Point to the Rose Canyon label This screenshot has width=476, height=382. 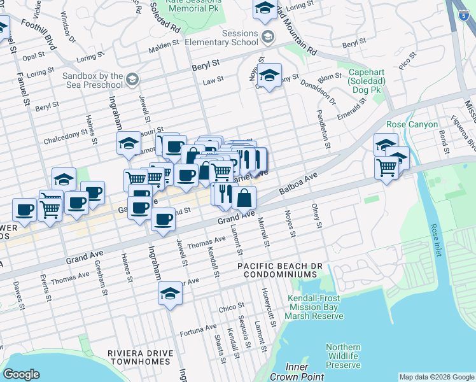tap(412, 124)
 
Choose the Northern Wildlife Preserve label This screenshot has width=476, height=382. tap(343, 357)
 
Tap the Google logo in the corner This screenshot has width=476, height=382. tap(21, 374)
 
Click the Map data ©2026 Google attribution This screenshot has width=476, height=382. tap(436, 377)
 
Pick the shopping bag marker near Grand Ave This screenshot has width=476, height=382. tap(244, 198)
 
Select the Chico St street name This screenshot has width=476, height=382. tap(227, 308)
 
